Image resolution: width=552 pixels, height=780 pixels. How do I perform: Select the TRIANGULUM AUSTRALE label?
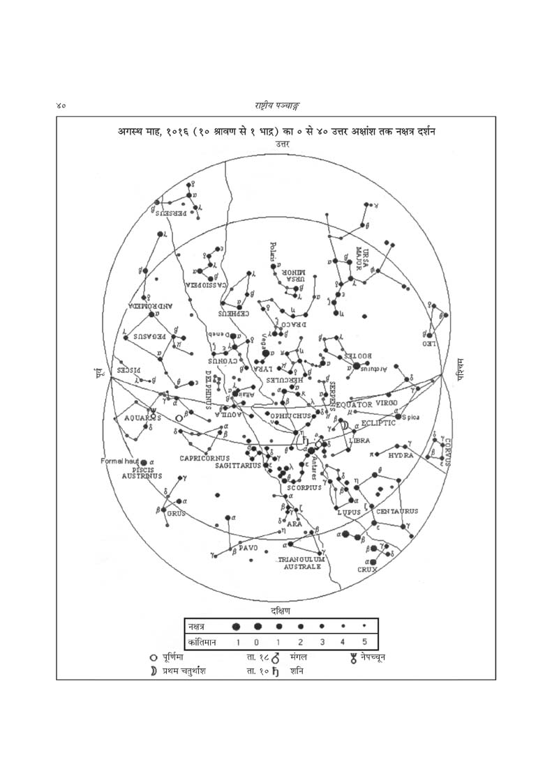tap(302, 563)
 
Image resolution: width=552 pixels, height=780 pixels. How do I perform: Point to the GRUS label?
tap(174, 514)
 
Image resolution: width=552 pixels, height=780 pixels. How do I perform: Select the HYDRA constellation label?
tap(401, 455)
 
